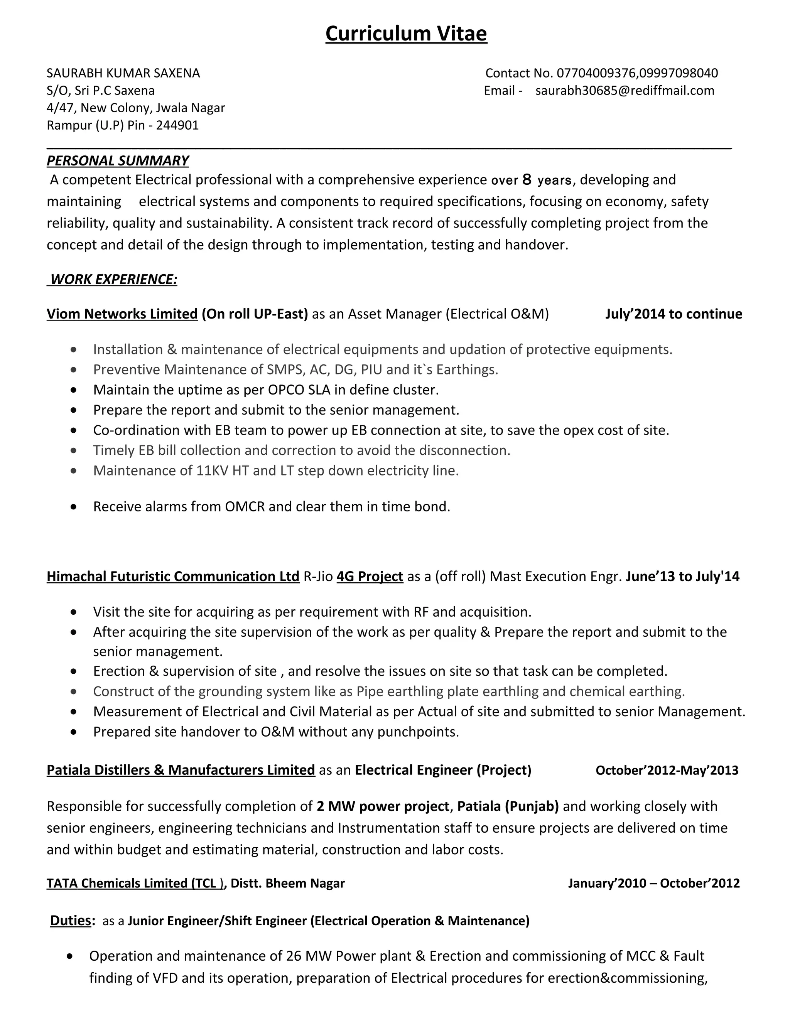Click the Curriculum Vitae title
pos(406,34)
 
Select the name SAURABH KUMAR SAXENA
pos(123,73)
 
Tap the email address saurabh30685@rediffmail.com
pos(625,90)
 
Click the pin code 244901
pos(177,125)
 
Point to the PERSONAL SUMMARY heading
pos(118,160)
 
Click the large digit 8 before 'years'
pos(527,179)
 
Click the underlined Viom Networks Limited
pos(122,314)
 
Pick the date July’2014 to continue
pos(673,314)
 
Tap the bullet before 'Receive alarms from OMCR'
pos(73,507)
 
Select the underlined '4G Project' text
pos(369,576)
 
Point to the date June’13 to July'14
pos(682,576)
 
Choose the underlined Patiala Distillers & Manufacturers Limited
pos(181,770)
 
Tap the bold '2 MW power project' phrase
pos(382,806)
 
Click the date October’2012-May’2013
pos(667,770)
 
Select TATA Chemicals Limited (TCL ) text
pos(135,883)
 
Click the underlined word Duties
pos(71,921)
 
